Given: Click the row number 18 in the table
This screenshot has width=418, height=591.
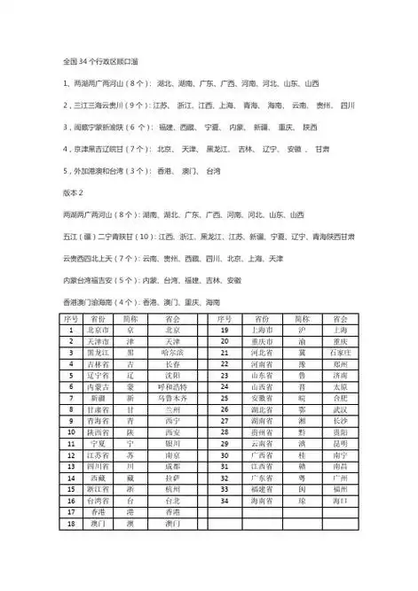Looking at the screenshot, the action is [x=70, y=524].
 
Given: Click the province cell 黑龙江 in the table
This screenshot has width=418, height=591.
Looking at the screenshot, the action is [x=99, y=351].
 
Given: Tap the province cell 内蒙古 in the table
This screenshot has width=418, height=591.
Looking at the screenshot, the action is [x=99, y=385].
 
